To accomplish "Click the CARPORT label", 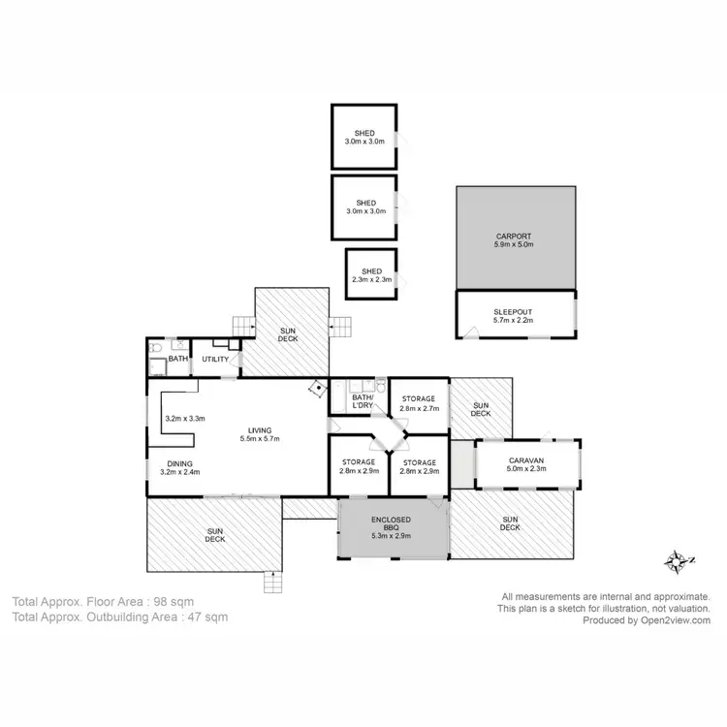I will pos(514,236).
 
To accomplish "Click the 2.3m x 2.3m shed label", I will pos(371,271).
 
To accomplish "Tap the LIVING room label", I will pos(259,430).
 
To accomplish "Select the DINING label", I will pos(179,463).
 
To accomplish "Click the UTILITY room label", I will pos(215,360).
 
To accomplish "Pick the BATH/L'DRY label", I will pos(363,402).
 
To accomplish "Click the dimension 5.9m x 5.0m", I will pos(514,245).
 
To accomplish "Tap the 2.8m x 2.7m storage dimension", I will pos(420,408).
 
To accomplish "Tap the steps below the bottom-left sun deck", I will pos(274,583).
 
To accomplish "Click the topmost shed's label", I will pos(364,133).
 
